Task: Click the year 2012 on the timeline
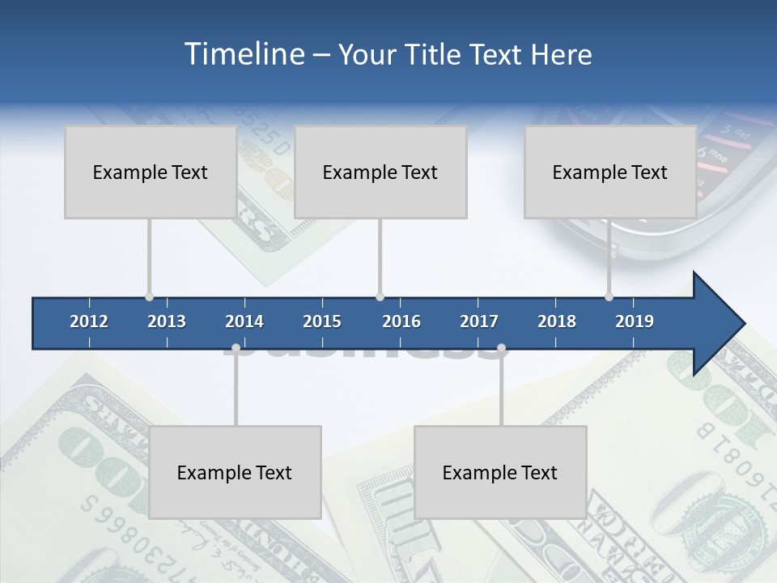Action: [x=89, y=321]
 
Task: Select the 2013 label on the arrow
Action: [x=167, y=321]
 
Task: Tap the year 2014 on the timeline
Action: [x=244, y=321]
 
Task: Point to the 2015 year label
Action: [x=322, y=321]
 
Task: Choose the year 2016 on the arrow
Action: [x=401, y=321]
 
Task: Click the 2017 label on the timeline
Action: [x=479, y=321]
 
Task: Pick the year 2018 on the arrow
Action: [x=557, y=321]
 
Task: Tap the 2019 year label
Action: [x=635, y=321]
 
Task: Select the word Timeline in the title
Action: [x=244, y=54]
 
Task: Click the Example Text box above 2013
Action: [x=151, y=172]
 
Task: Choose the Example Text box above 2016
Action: [x=380, y=172]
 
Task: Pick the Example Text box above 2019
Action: [x=610, y=172]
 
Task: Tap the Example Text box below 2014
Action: [x=235, y=472]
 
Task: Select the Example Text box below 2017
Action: [x=500, y=472]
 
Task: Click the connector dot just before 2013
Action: [x=149, y=297]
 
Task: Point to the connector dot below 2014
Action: [x=236, y=348]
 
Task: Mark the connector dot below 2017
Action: [x=501, y=348]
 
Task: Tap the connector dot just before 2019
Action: [x=609, y=297]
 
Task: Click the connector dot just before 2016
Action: [x=380, y=297]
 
